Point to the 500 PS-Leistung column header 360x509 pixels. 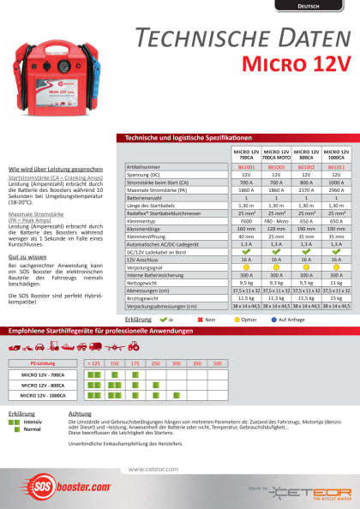coord(218,363)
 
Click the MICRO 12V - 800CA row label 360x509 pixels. coord(43,386)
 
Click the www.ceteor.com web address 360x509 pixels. coord(153,469)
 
